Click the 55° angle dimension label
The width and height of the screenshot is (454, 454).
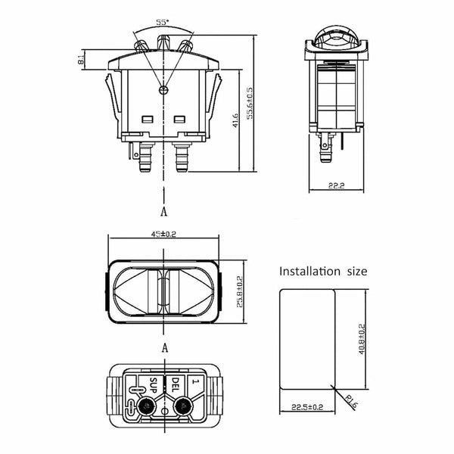point(162,23)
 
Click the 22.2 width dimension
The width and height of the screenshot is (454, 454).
point(337,186)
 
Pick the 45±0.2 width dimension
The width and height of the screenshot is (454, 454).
point(163,235)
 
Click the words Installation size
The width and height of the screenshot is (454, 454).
point(323,271)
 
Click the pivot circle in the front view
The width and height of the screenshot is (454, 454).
point(163,91)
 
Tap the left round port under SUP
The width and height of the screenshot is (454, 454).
point(147,409)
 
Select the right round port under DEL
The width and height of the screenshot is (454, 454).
point(181,409)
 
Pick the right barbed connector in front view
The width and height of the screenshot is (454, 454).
point(182,157)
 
